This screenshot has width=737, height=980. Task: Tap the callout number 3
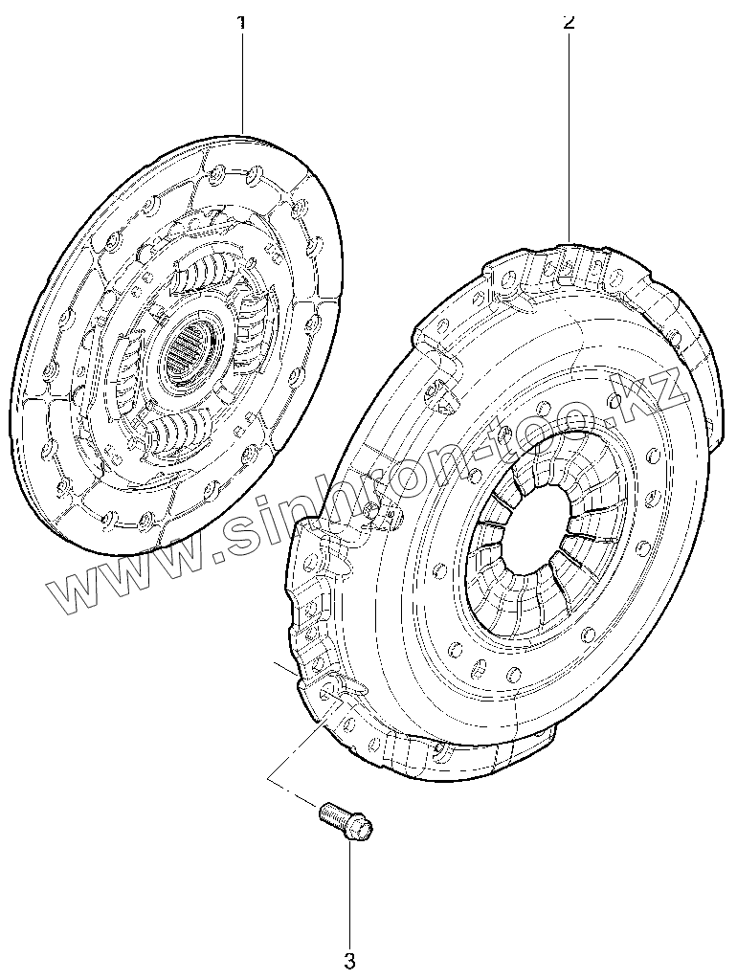pos(349,959)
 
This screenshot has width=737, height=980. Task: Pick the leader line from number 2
pos(570,134)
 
